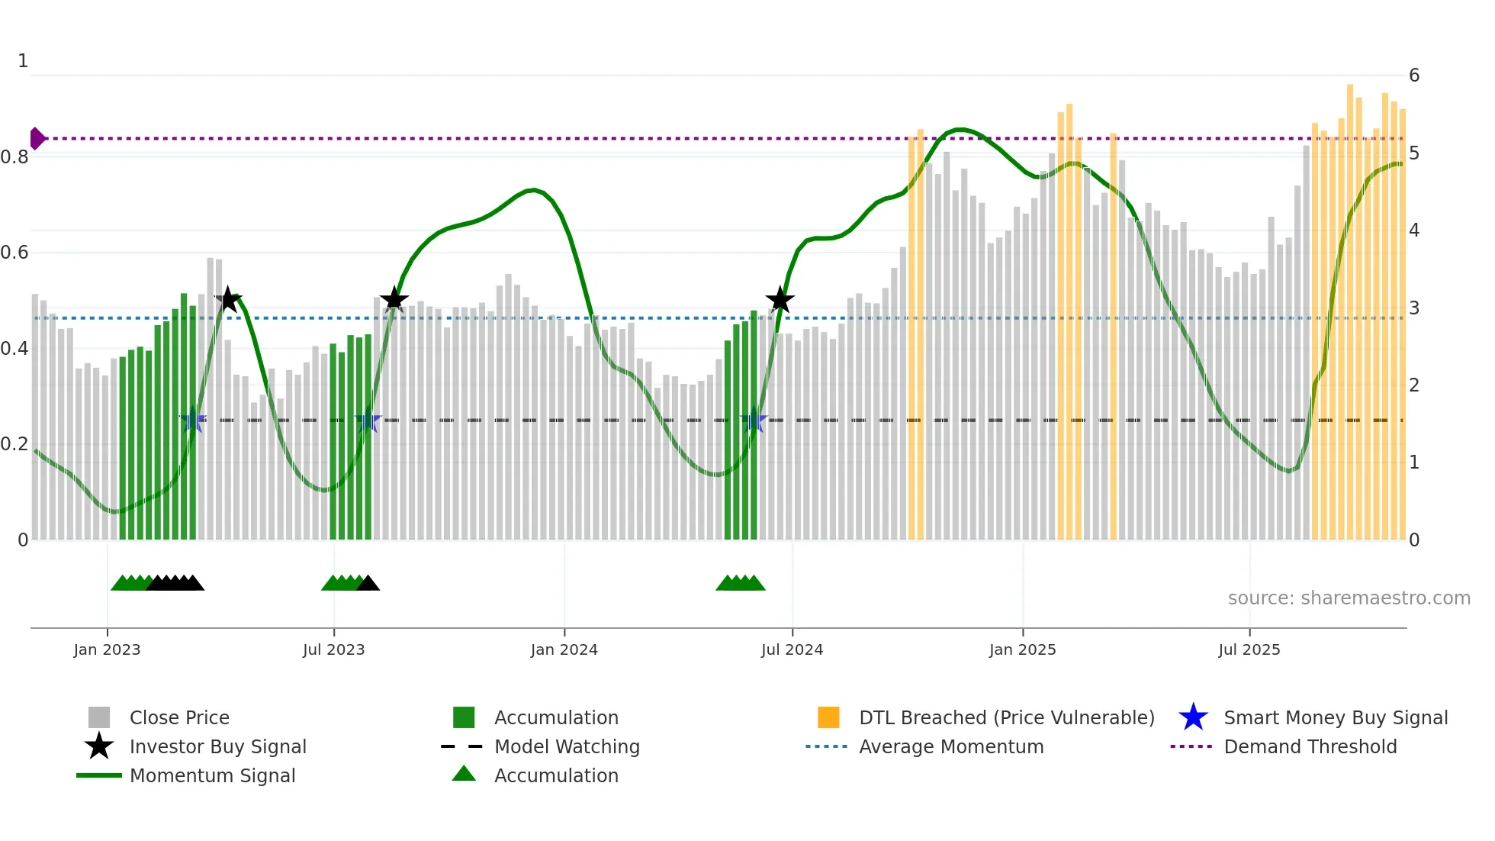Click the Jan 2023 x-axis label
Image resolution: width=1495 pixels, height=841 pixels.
(x=107, y=649)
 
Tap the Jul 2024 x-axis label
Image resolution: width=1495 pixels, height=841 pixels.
(x=792, y=649)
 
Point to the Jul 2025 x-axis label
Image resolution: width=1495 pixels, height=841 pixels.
(x=1249, y=649)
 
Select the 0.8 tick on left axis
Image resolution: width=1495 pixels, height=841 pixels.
(x=15, y=157)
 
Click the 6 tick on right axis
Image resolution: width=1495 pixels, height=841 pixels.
(x=1414, y=76)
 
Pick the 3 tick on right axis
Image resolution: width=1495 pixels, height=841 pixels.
(x=1414, y=308)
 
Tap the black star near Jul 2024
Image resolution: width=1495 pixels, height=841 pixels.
(x=780, y=301)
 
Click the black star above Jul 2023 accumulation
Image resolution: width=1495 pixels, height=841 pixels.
(x=394, y=299)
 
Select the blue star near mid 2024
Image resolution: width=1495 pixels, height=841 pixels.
(x=754, y=420)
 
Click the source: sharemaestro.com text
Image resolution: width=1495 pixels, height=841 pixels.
(x=1349, y=598)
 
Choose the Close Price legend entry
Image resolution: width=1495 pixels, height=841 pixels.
(x=178, y=717)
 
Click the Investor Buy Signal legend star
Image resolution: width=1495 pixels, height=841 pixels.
(x=99, y=746)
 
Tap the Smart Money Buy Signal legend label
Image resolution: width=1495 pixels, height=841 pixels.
(x=1335, y=717)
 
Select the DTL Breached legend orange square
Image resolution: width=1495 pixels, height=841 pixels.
(x=828, y=717)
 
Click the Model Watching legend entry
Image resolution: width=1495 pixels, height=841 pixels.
(x=566, y=746)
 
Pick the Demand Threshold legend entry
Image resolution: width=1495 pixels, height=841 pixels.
(x=1310, y=746)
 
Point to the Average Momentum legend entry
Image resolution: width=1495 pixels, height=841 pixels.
(x=950, y=746)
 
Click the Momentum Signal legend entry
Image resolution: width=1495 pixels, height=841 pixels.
(x=212, y=775)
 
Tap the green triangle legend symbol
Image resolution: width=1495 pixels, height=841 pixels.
(x=464, y=774)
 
